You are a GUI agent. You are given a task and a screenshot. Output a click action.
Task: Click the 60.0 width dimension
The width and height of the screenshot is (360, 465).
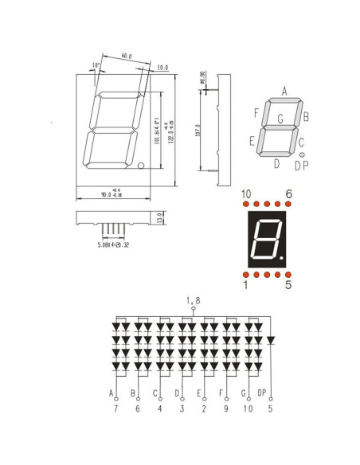[127, 56]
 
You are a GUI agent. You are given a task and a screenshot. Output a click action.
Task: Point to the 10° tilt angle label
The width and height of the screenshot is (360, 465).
[96, 65]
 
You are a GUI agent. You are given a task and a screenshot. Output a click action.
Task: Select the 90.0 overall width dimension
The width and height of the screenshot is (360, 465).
[114, 193]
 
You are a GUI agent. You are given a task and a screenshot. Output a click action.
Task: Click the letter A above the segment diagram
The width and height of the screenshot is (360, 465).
[284, 92]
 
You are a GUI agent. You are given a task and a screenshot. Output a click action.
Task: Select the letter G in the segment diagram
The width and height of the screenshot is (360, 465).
[280, 119]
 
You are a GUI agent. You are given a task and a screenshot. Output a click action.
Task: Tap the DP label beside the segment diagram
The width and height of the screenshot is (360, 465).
[301, 166]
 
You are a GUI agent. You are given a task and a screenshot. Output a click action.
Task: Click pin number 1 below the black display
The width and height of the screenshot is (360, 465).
[246, 284]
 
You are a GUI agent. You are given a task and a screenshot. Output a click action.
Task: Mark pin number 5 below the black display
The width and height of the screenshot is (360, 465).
[288, 284]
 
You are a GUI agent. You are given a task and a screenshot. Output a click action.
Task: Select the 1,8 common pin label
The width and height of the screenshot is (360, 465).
[194, 300]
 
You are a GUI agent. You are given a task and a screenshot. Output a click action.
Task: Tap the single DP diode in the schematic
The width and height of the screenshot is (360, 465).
[270, 340]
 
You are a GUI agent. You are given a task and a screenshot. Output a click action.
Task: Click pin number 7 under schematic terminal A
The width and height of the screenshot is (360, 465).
[115, 408]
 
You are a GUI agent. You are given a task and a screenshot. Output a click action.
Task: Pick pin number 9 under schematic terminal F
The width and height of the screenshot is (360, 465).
[226, 408]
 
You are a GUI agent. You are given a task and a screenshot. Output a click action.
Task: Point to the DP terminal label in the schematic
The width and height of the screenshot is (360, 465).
[263, 393]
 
